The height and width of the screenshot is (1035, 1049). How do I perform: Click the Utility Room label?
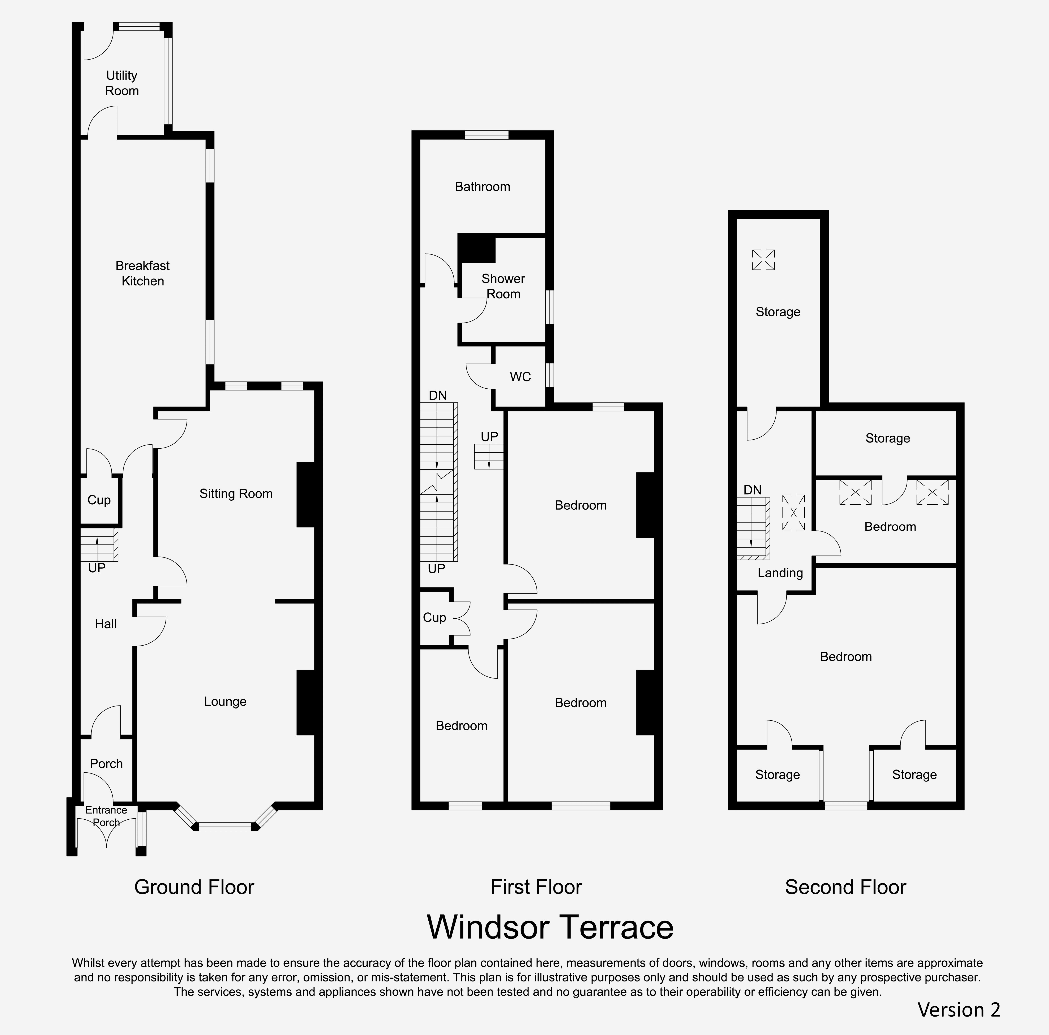click(x=122, y=83)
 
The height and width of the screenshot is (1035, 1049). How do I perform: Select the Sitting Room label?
click(x=236, y=493)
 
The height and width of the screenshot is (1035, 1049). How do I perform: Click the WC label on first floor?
click(x=520, y=377)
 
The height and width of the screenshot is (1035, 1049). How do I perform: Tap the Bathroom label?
click(x=482, y=187)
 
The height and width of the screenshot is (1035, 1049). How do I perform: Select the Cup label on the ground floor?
click(x=99, y=500)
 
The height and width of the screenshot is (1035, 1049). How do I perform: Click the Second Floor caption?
click(x=845, y=887)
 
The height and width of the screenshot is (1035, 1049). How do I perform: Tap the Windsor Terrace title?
click(x=550, y=927)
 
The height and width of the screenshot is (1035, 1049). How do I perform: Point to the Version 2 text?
click(x=959, y=1009)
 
